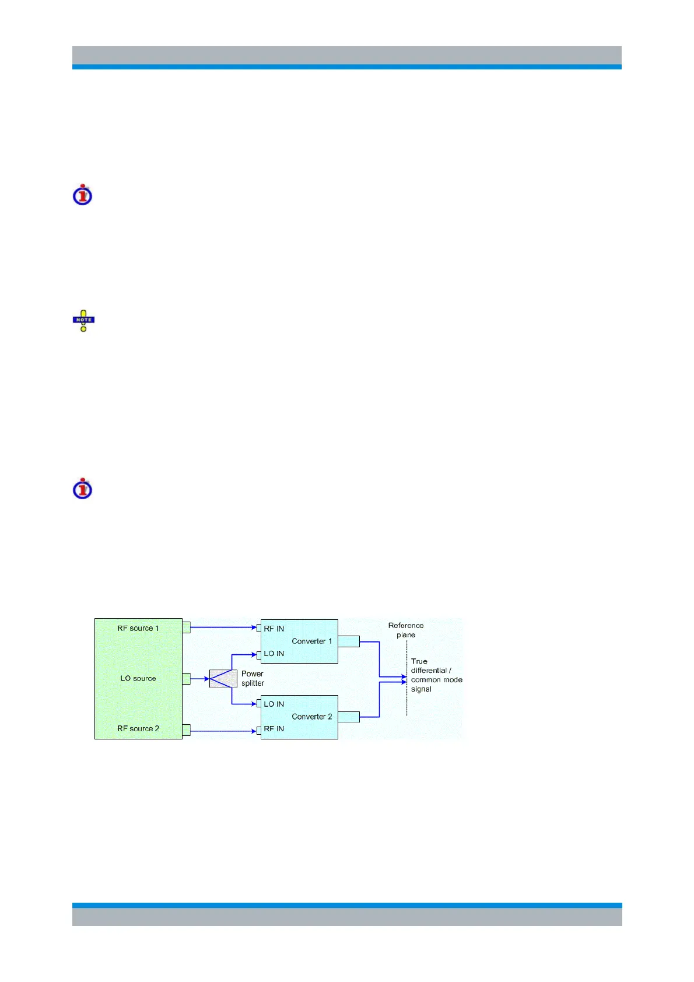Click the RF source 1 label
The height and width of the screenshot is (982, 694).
point(138,628)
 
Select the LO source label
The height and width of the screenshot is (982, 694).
point(138,678)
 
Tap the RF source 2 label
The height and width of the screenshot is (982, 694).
point(138,728)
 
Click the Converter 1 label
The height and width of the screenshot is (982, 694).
point(312,641)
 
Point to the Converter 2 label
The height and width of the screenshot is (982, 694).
point(312,717)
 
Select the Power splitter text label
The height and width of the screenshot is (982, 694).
point(253,678)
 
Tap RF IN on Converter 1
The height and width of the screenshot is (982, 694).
point(274,629)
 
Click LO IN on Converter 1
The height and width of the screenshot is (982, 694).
point(274,654)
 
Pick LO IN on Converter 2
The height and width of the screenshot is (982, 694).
point(274,704)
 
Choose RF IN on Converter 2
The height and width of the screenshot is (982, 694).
point(274,729)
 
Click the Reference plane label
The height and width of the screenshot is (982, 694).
point(406,630)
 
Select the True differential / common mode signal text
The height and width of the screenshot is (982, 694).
point(436,675)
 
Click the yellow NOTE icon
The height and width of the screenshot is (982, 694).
point(83,321)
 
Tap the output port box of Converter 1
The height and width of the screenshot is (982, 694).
point(349,641)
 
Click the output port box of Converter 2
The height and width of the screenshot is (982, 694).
point(349,717)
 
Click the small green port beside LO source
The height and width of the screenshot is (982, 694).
point(187,679)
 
